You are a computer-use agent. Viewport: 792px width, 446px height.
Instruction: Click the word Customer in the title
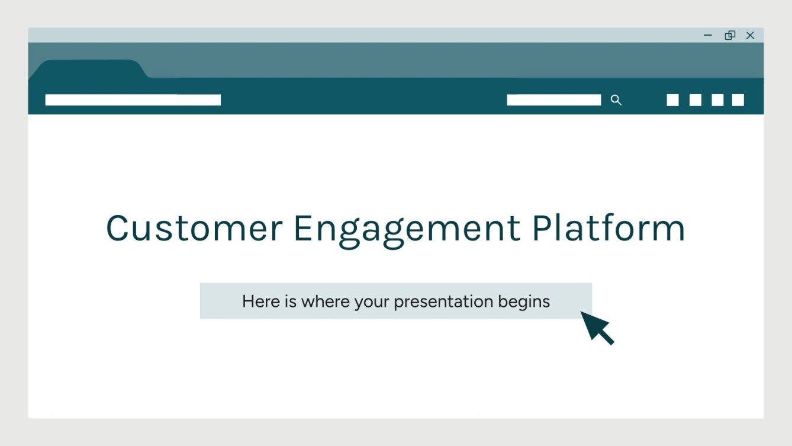(x=194, y=228)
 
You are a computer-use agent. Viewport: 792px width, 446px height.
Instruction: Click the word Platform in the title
(x=608, y=228)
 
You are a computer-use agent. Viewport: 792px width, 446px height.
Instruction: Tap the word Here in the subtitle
(x=261, y=301)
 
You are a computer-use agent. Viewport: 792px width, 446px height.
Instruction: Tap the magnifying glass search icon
(x=616, y=100)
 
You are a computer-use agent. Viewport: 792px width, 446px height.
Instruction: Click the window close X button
(x=750, y=36)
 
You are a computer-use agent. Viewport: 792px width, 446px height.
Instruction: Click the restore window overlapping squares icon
(x=730, y=36)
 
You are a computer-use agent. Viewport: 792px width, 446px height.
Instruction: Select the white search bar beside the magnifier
(x=553, y=100)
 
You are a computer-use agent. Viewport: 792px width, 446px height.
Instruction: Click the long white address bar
(x=133, y=100)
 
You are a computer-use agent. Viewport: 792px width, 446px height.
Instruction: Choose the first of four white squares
(x=672, y=100)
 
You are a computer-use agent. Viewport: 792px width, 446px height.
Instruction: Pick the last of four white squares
(x=738, y=100)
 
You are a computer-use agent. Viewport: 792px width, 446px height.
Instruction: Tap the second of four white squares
(x=695, y=100)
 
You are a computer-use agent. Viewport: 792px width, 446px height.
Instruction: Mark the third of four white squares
(x=717, y=100)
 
